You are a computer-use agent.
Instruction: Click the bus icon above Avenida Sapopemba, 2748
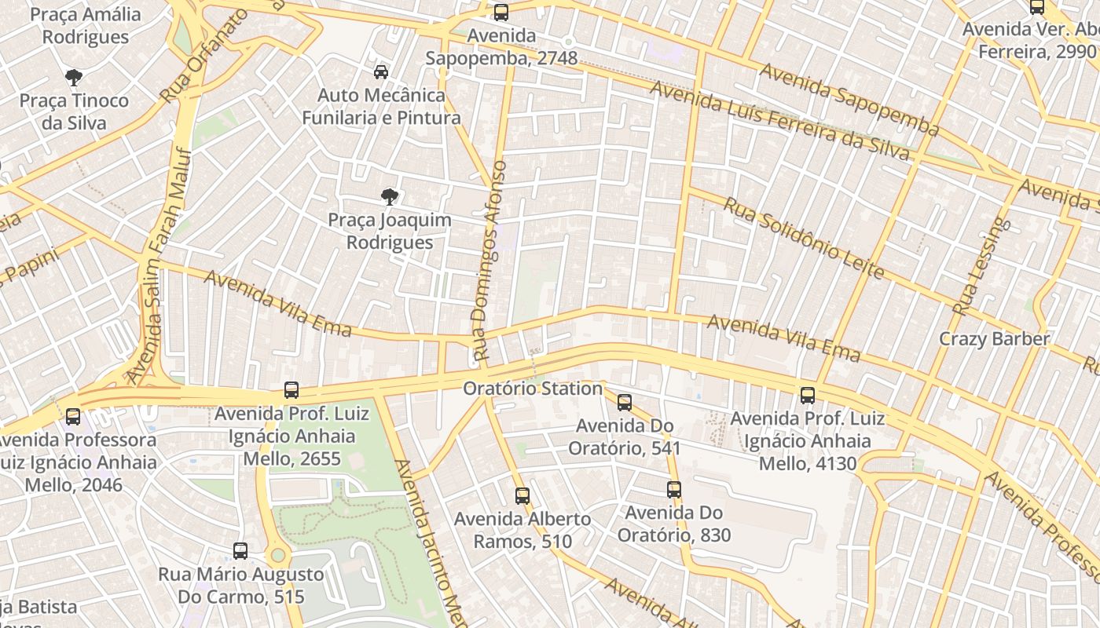[x=500, y=12]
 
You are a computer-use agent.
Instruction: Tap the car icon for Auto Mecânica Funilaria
[x=381, y=72]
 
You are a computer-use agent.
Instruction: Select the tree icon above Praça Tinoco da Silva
[x=74, y=77]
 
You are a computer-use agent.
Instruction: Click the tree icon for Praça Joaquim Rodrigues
[x=389, y=196]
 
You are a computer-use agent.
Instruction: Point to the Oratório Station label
[x=532, y=389]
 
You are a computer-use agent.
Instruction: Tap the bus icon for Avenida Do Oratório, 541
[x=625, y=403]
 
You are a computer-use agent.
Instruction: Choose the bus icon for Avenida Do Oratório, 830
[x=674, y=490]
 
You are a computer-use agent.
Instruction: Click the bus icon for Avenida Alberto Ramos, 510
[x=522, y=495]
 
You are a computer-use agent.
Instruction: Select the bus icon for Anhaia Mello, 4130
[x=807, y=395]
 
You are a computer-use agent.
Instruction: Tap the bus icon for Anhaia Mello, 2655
[x=291, y=389]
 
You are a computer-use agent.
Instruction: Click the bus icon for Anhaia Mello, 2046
[x=73, y=416]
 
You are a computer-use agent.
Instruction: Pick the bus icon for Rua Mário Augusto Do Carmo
[x=240, y=551]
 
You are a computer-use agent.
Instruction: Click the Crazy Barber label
[x=994, y=339]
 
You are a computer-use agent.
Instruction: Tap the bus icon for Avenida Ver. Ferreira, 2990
[x=1037, y=7]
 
